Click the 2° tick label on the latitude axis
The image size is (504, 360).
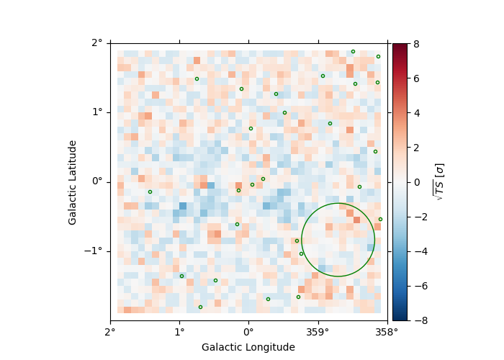click(97, 42)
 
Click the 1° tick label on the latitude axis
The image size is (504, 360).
click(97, 112)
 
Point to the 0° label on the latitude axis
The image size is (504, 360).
click(97, 181)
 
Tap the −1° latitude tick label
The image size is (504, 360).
click(94, 251)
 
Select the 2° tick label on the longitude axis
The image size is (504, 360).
click(110, 333)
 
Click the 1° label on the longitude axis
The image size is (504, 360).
click(179, 333)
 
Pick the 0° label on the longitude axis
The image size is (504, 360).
click(248, 333)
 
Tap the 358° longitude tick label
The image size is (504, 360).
click(387, 333)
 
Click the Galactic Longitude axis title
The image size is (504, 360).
click(248, 347)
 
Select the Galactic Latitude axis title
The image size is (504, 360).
click(73, 182)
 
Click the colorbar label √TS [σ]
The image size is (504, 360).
click(438, 181)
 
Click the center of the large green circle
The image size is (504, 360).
click(338, 240)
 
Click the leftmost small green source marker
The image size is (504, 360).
click(150, 192)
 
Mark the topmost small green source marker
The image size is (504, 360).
click(353, 51)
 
